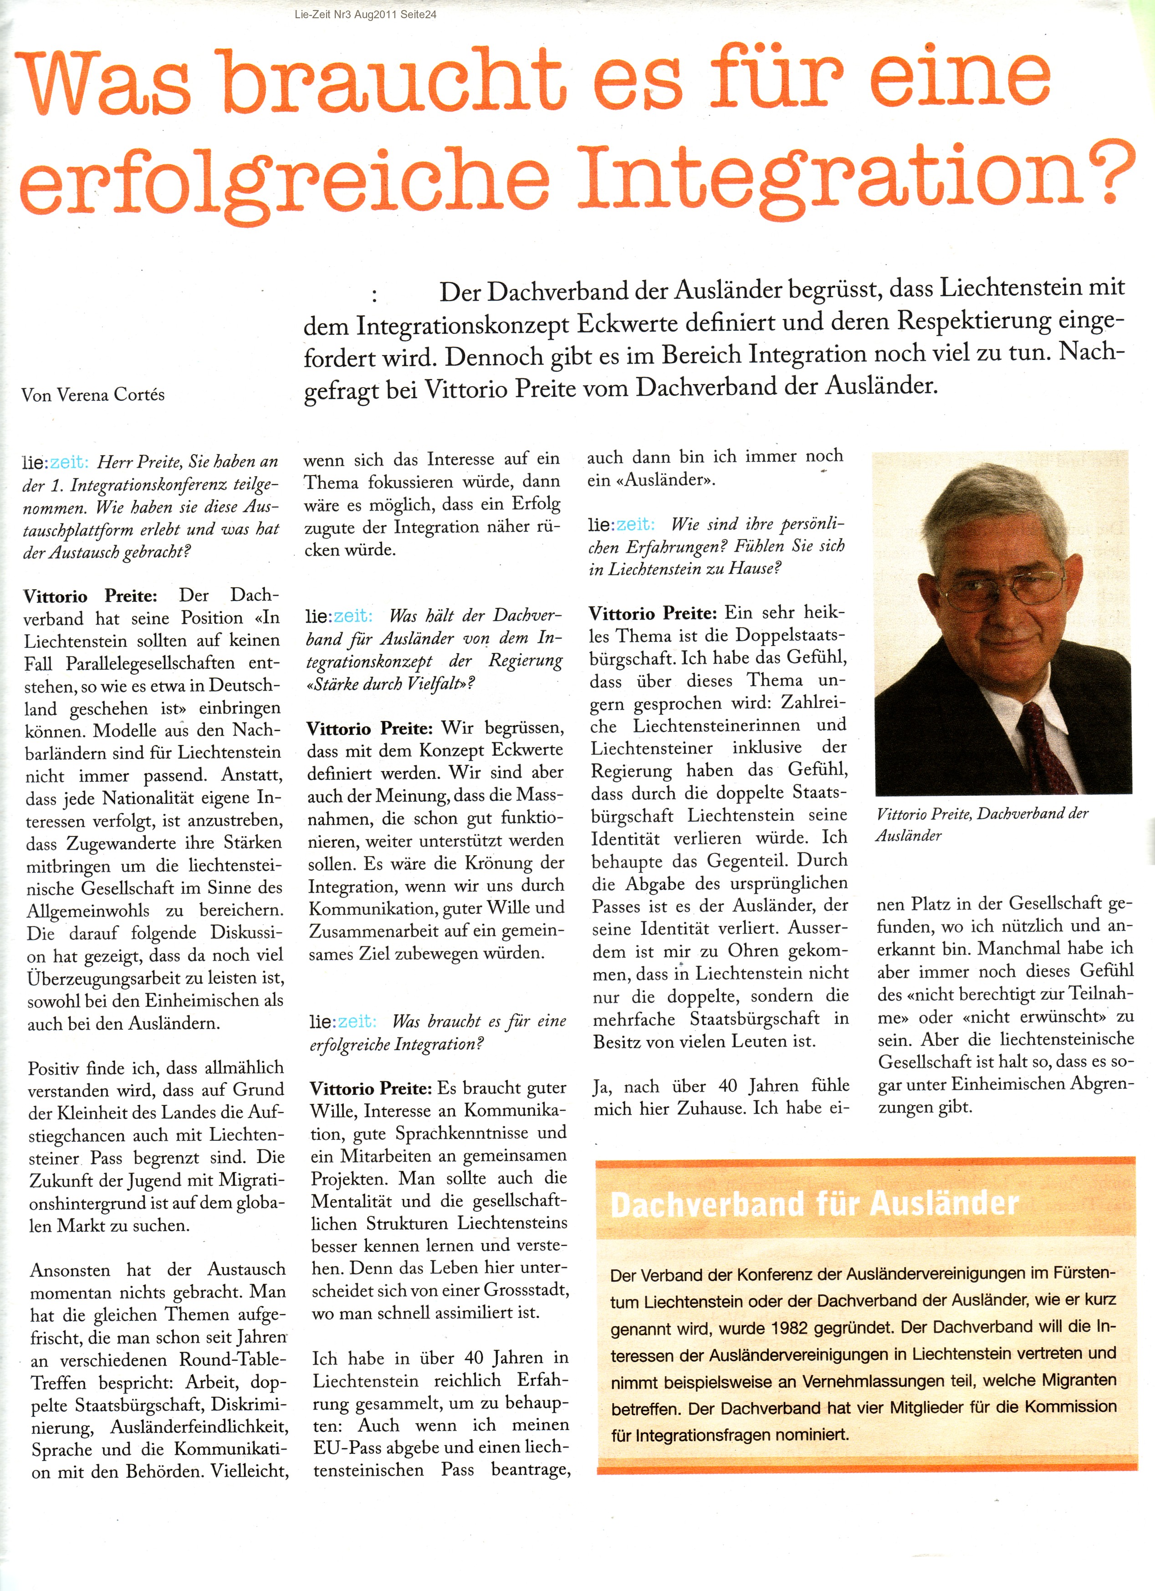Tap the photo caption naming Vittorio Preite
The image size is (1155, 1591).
pos(982,824)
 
